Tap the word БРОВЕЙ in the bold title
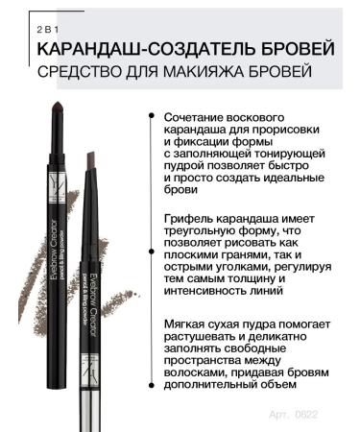point(297,47)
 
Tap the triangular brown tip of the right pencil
point(93,154)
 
